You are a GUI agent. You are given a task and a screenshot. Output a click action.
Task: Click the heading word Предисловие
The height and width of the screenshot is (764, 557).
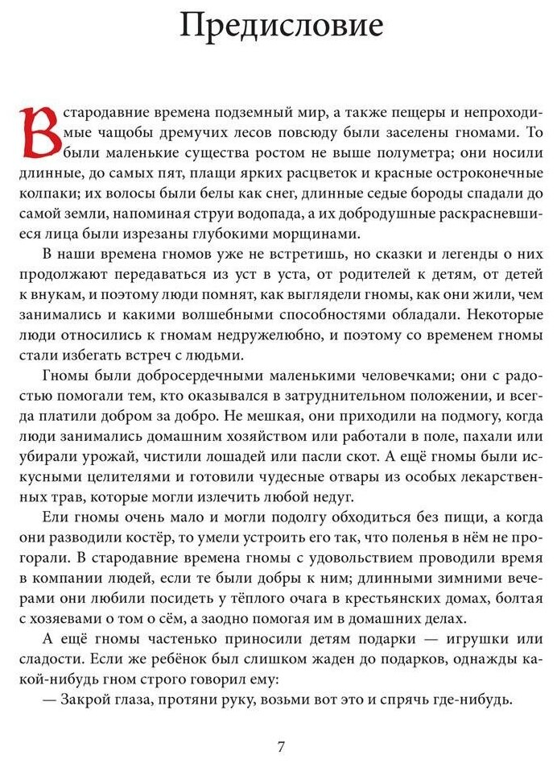[x=281, y=27]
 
